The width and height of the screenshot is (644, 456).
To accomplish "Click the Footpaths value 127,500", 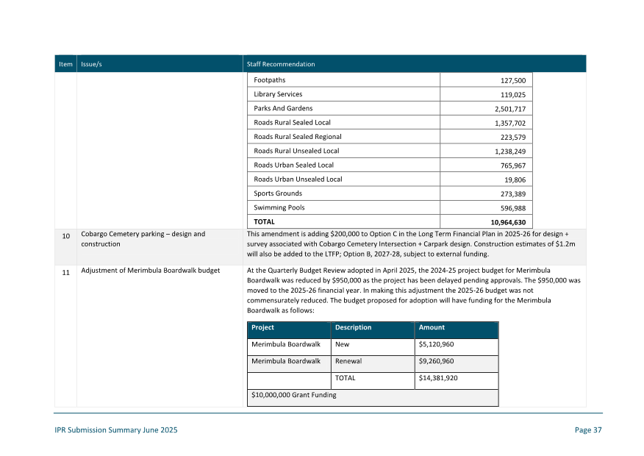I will (x=512, y=80).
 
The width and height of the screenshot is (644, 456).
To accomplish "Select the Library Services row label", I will (x=278, y=94).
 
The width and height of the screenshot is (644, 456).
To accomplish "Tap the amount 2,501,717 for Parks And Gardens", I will (x=509, y=109).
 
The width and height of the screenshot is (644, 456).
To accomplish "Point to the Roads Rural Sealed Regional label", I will (x=298, y=137).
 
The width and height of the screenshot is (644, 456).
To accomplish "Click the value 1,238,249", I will (x=509, y=152).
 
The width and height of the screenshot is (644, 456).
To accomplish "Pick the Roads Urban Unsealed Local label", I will (x=298, y=179).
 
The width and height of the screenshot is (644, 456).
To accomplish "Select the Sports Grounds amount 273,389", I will (x=512, y=194).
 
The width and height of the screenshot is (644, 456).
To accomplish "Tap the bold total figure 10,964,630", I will (x=507, y=222).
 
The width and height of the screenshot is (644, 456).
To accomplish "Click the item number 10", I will (x=65, y=237).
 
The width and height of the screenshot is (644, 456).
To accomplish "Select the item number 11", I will (x=65, y=272).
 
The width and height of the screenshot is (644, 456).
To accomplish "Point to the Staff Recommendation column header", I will (x=281, y=64).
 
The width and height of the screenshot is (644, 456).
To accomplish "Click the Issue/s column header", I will (x=91, y=64).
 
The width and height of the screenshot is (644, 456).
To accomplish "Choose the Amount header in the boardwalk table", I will (x=432, y=328).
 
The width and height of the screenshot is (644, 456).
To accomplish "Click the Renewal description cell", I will (x=348, y=361).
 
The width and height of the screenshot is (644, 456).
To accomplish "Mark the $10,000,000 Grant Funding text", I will (x=293, y=395).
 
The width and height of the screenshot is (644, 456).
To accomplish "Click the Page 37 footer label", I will (x=588, y=430).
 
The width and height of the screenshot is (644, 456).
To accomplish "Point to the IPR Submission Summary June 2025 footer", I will (x=115, y=430).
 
